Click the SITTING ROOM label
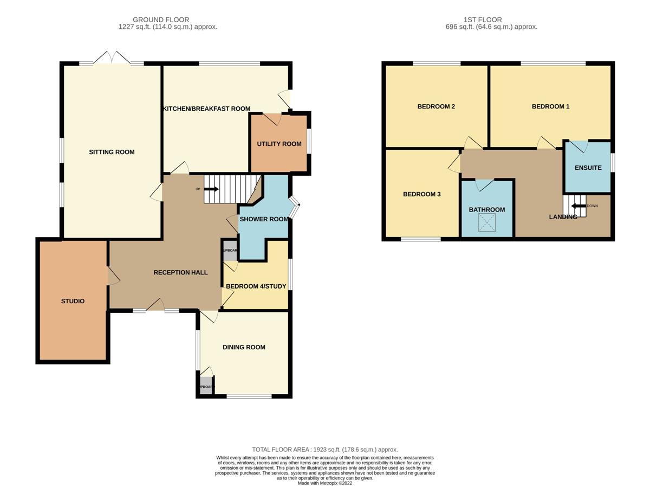point(112,152)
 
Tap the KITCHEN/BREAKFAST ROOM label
point(206,109)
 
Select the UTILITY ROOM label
point(279,144)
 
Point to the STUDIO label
point(73,301)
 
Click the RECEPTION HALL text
point(180,272)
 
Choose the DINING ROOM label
point(244,347)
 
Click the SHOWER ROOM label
point(264,219)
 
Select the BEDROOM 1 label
point(550,107)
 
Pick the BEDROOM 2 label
point(435,107)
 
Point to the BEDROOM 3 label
point(421,194)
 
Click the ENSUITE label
point(588,168)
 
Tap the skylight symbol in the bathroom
point(486,222)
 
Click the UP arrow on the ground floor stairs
point(211,189)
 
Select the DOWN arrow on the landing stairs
point(578,206)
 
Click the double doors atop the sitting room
point(112,57)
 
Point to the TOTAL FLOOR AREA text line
point(325,450)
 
